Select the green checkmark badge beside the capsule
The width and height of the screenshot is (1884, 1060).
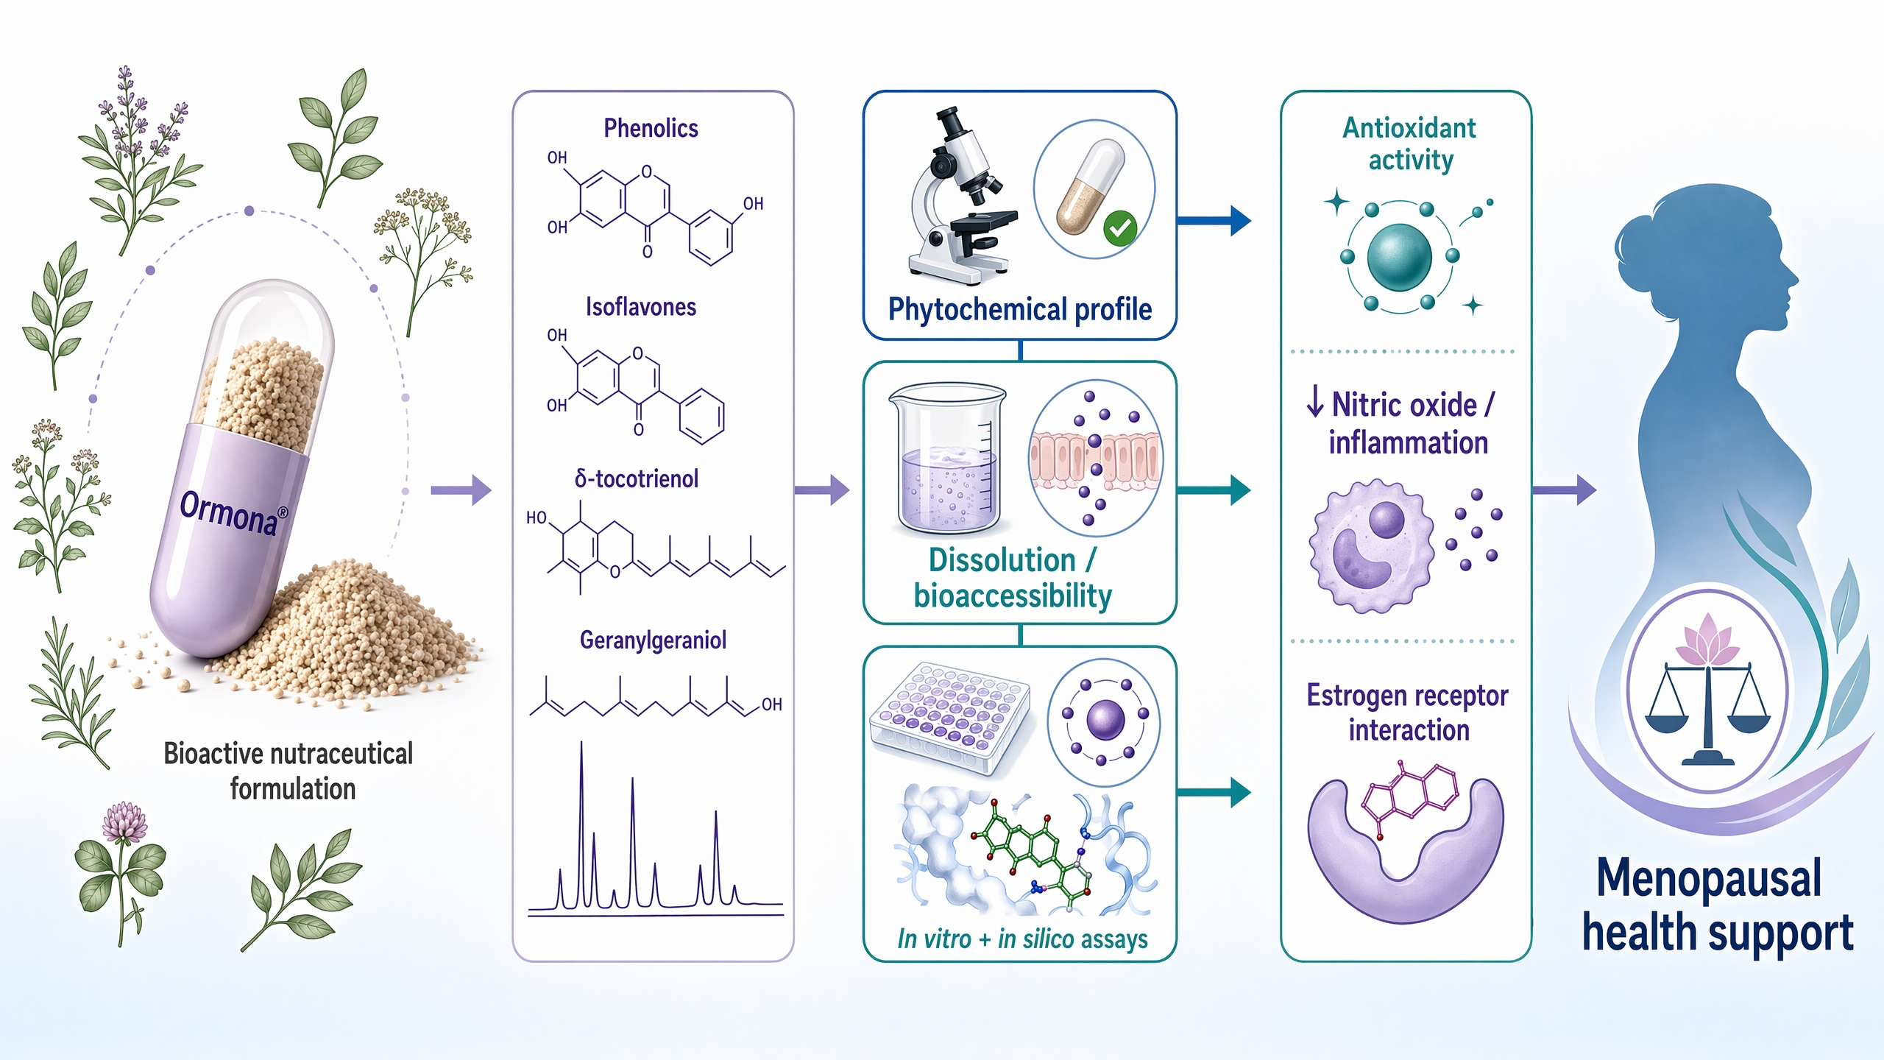click(x=1121, y=228)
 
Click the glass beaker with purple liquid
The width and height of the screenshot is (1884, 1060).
click(x=946, y=458)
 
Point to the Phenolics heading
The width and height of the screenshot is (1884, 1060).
click(x=651, y=128)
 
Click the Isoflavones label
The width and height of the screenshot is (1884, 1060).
click(x=641, y=306)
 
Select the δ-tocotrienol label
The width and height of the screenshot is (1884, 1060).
click(x=637, y=478)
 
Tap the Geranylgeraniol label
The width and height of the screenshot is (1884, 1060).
click(x=653, y=640)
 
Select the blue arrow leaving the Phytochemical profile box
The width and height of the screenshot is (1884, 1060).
click(x=1214, y=220)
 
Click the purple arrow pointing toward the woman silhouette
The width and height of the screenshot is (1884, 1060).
click(x=1564, y=490)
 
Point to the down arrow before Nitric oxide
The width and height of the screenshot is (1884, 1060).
click(x=1315, y=403)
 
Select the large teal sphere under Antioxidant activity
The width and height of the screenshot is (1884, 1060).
click(x=1399, y=257)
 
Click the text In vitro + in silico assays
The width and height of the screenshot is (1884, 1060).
click(x=1022, y=939)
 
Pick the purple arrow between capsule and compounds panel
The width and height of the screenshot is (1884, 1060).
click(x=461, y=490)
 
